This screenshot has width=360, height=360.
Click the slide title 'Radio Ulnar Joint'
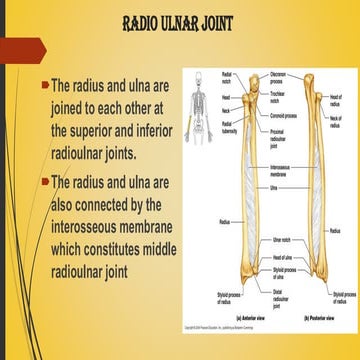[179, 21]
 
